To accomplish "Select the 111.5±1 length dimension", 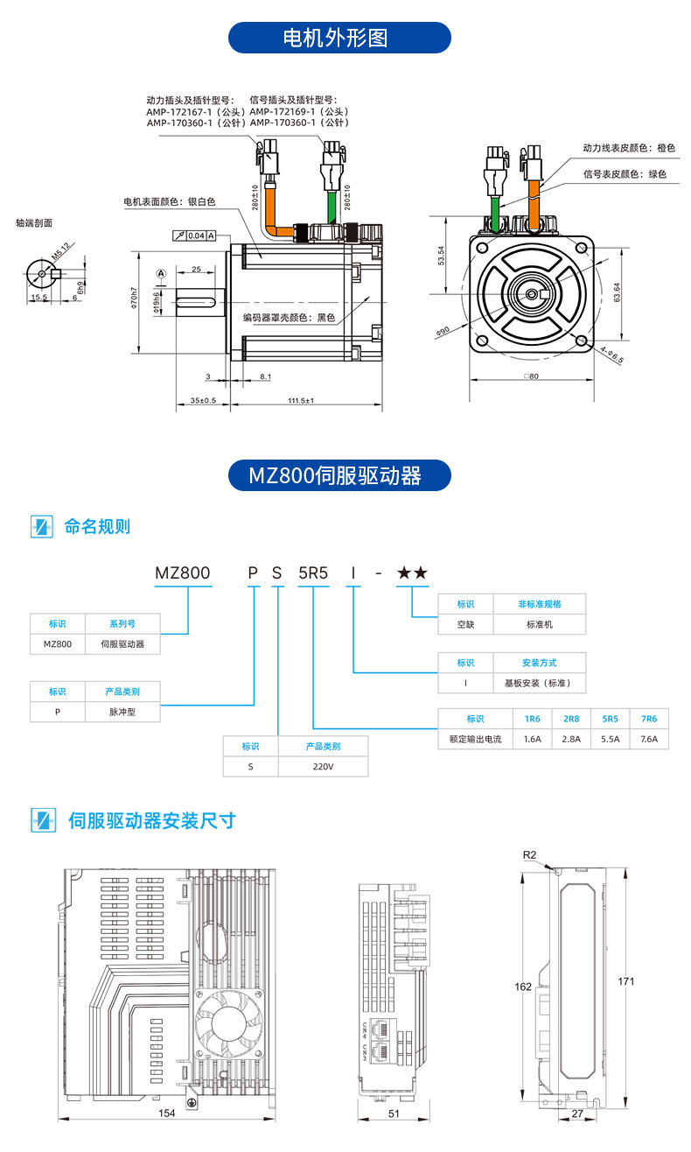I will pyautogui.click(x=301, y=401).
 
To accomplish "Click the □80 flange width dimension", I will pyautogui.click(x=532, y=377).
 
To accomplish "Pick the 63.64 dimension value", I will pyautogui.click(x=618, y=292).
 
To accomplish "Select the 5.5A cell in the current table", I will pyautogui.click(x=611, y=739).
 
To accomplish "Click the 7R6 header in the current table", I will pyautogui.click(x=648, y=718).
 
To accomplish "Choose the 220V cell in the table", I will pyautogui.click(x=323, y=766).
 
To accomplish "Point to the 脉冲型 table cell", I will pyautogui.click(x=122, y=712).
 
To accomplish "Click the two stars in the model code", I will pyautogui.click(x=412, y=573).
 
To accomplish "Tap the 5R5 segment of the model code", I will pyautogui.click(x=313, y=573).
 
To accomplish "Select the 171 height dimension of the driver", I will pyautogui.click(x=626, y=981).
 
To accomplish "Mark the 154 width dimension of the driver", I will pyautogui.click(x=167, y=1113).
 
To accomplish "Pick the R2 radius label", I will pyautogui.click(x=529, y=854).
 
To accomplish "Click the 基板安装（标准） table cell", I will pyautogui.click(x=539, y=684).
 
